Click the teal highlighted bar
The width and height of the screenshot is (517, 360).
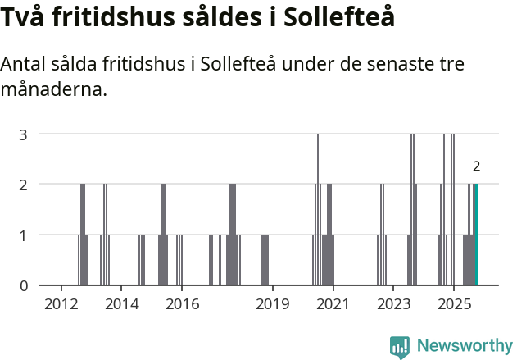tap(475, 235)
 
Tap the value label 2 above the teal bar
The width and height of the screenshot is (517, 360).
tap(476, 166)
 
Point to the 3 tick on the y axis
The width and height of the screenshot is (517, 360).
tap(24, 134)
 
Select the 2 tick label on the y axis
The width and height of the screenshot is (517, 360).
tap(24, 185)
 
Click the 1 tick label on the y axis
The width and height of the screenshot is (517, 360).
tap(24, 235)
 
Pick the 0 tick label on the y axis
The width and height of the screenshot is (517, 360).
tap(24, 285)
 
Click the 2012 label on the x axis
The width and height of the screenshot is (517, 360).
tap(61, 305)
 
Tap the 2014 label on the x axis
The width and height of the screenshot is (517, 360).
tap(121, 305)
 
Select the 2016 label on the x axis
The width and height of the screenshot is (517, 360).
tap(182, 305)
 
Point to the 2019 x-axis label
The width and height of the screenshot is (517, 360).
tap(272, 305)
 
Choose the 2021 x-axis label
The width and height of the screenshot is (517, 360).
tap(333, 305)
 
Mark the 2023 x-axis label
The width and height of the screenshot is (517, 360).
tap(392, 305)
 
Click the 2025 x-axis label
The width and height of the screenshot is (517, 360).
tap(453, 305)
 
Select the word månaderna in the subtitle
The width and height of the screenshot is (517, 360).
tap(54, 89)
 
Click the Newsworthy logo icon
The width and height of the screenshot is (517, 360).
tap(400, 346)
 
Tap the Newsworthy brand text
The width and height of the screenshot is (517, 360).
tap(464, 346)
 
